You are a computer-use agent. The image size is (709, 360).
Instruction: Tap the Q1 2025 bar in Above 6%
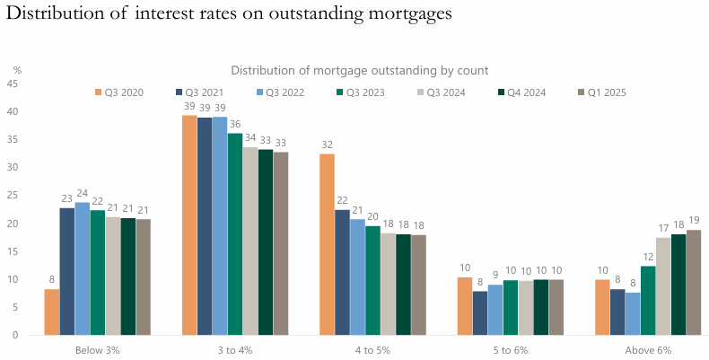[694, 282]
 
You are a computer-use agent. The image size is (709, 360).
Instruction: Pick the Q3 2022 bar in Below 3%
[83, 268]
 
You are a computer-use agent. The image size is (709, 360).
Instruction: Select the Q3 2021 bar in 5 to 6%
[480, 312]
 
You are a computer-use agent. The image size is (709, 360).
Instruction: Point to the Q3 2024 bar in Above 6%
[663, 285]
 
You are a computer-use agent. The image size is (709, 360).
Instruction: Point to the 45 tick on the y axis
[13, 83]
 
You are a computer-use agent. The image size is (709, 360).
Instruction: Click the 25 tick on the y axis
[13, 196]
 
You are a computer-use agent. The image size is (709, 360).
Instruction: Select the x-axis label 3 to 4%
[236, 349]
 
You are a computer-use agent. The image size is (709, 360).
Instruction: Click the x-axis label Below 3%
[99, 349]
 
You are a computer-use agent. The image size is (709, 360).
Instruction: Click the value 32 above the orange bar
[328, 145]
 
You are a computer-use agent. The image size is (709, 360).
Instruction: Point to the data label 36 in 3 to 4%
[235, 125]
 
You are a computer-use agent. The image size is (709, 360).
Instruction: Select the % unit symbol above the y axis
[17, 69]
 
